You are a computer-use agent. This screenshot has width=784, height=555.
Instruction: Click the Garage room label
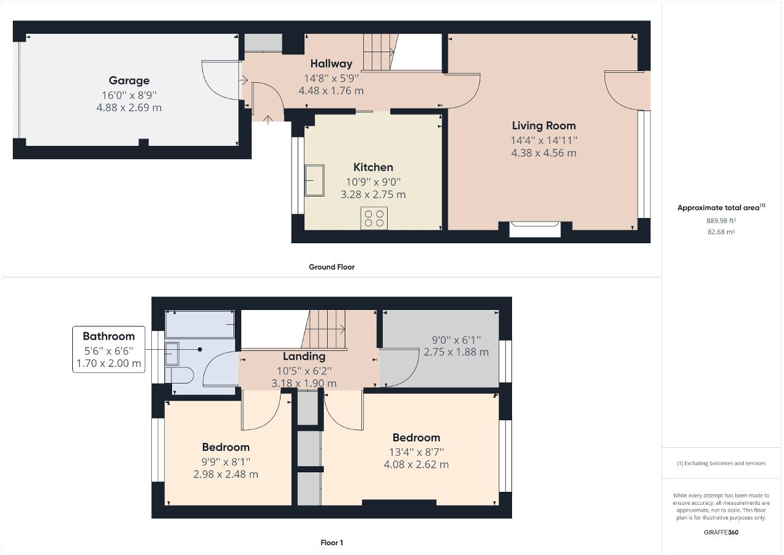click(129, 80)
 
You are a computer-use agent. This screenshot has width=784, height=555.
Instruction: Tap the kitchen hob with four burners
click(374, 218)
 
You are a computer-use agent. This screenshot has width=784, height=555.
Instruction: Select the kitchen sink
click(316, 180)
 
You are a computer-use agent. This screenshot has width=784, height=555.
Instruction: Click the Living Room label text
click(543, 126)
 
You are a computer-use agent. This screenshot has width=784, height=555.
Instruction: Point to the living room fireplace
click(535, 228)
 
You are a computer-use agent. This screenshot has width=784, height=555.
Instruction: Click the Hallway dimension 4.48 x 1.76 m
click(331, 91)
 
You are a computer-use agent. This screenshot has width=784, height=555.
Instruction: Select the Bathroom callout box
click(108, 349)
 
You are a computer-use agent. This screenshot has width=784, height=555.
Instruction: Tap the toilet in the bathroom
click(179, 374)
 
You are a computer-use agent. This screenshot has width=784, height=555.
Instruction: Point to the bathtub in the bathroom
click(200, 324)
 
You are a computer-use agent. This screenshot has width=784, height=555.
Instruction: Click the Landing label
click(304, 356)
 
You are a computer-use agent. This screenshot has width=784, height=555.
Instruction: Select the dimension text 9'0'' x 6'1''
click(456, 339)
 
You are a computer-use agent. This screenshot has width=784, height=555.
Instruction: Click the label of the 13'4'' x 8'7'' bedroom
click(416, 437)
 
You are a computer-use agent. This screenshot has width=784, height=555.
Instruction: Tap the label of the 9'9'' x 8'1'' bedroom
click(225, 447)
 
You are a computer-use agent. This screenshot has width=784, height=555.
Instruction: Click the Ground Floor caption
click(331, 267)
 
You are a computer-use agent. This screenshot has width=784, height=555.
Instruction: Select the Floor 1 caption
click(331, 543)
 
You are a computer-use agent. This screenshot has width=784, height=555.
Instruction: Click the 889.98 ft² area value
click(721, 221)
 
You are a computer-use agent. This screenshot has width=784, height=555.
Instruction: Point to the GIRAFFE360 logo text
click(721, 532)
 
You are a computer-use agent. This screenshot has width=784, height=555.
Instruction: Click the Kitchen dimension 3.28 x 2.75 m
click(373, 195)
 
